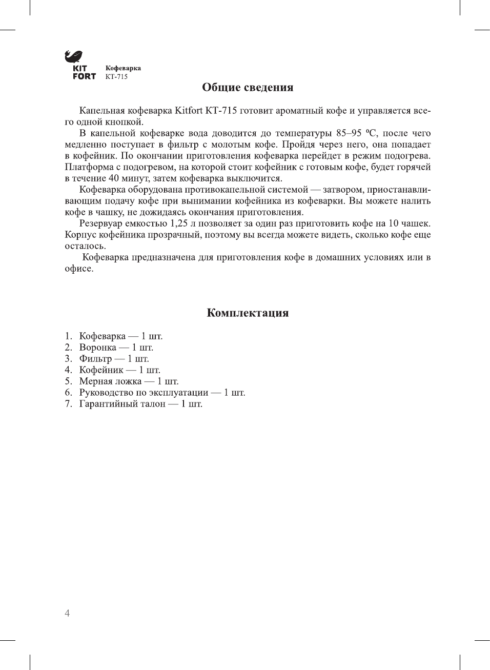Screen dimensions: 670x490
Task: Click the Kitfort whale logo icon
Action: pyautogui.click(x=73, y=56)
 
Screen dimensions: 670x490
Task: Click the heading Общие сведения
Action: pyautogui.click(x=248, y=87)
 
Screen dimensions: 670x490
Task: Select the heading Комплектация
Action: pyautogui.click(x=248, y=313)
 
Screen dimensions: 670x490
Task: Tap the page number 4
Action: pyautogui.click(x=67, y=613)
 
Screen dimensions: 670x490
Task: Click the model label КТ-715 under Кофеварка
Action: pyautogui.click(x=116, y=77)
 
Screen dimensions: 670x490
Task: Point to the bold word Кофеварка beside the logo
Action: pyautogui.click(x=123, y=68)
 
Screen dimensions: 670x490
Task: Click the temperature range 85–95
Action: pyautogui.click(x=349, y=133)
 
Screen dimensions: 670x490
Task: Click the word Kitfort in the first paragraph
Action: pyautogui.click(x=188, y=111)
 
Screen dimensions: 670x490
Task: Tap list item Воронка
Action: pyautogui.click(x=97, y=348)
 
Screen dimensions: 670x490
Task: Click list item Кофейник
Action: pyautogui.click(x=101, y=370)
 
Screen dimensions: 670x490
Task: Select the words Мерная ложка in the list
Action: pyautogui.click(x=110, y=381)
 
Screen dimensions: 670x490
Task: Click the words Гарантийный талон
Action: pyautogui.click(x=122, y=404)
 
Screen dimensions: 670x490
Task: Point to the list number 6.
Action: pyautogui.click(x=68, y=393)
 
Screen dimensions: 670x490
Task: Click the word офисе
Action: pyautogui.click(x=78, y=269)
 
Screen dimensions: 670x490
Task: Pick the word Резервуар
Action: pyautogui.click(x=100, y=224)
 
